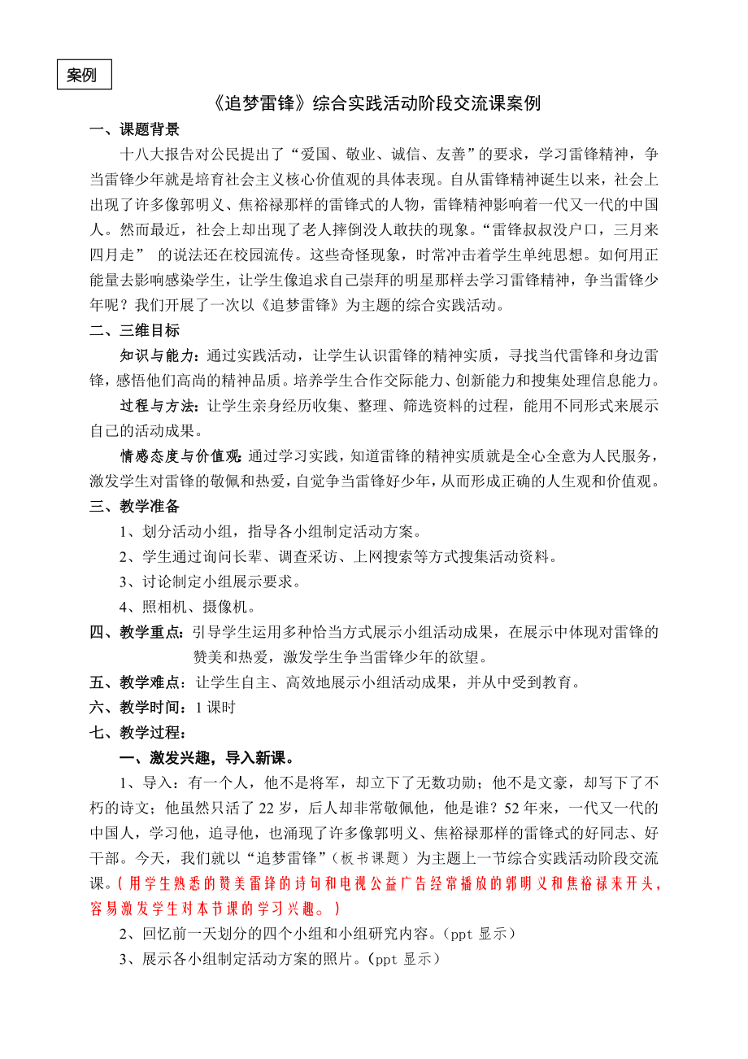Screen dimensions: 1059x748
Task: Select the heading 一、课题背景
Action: click(x=134, y=129)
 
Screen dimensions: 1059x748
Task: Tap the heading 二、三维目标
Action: click(x=134, y=330)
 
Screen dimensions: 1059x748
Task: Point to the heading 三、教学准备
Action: click(x=134, y=507)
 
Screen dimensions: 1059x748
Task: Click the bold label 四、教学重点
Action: click(x=138, y=632)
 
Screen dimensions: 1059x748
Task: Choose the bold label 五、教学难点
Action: click(x=138, y=682)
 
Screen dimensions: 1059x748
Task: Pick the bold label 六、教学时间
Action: click(x=138, y=708)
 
